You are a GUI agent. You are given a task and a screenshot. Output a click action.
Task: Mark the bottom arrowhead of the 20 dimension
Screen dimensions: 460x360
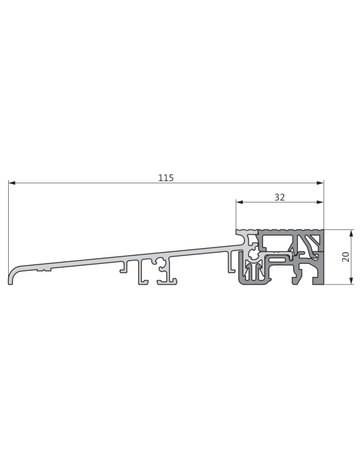[337, 284]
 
